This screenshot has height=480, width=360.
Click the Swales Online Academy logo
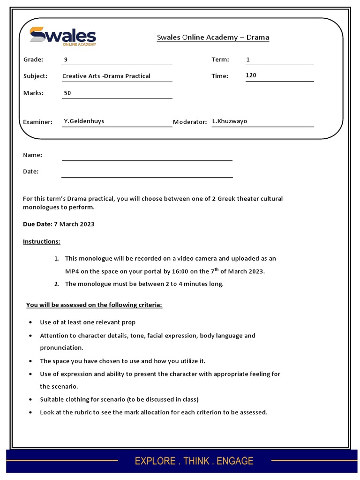point(62,37)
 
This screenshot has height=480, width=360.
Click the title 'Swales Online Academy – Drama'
point(213,37)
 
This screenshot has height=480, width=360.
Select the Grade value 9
point(66,60)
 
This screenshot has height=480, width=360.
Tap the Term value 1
point(248,60)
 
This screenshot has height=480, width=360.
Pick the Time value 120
point(251,75)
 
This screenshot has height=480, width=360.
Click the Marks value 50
point(67,93)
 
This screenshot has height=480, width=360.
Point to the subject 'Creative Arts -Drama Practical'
point(106,76)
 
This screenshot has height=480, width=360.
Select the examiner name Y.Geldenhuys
point(84,121)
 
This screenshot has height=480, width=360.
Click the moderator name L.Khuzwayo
point(229,121)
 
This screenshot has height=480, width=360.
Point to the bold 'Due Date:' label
point(37,224)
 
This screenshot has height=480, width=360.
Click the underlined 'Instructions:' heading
point(42,241)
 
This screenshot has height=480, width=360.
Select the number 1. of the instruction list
point(56,259)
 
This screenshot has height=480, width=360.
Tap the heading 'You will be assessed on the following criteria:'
point(94,305)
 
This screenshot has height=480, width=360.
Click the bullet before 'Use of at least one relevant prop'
point(30,323)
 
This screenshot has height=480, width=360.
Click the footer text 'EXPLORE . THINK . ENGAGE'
point(194,461)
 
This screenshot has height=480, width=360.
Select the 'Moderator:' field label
point(190,122)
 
